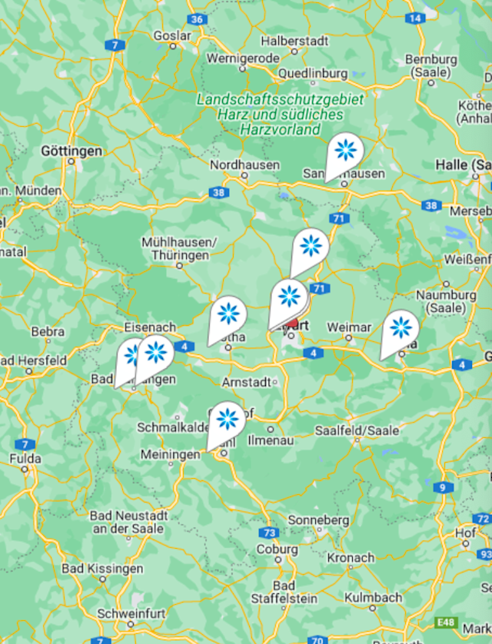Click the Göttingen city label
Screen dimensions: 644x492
pos(72,151)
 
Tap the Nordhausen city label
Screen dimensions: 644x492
pos(244,164)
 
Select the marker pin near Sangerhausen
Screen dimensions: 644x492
pos(344,151)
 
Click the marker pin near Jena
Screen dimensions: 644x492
pos(401,328)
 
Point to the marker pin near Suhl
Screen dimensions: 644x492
pos(227,420)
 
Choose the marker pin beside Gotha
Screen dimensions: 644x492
pos(228,314)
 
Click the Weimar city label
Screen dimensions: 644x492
pos(349,327)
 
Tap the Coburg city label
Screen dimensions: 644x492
pos(277,549)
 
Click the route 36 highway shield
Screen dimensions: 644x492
pos(198,19)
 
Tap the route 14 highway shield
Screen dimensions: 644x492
pos(415,18)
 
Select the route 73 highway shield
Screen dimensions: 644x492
pos(268,533)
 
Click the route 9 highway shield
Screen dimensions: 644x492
pos(443,487)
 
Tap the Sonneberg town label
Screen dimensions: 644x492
pos(318,520)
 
